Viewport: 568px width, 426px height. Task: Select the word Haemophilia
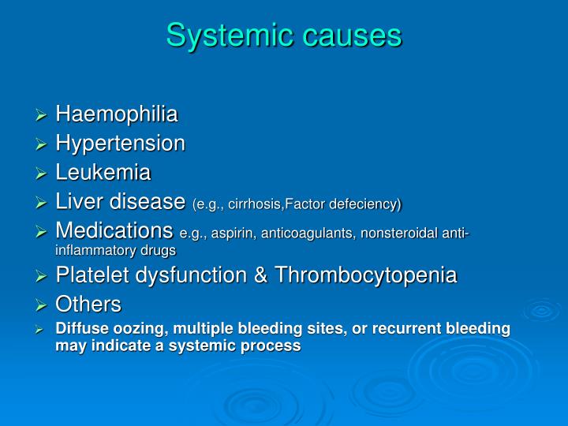click(117, 115)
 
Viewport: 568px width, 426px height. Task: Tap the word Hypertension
click(121, 144)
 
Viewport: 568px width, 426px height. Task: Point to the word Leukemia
click(103, 173)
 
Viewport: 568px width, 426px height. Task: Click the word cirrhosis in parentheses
click(254, 204)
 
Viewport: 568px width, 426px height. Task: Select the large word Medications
click(115, 231)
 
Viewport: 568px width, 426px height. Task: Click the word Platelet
click(90, 275)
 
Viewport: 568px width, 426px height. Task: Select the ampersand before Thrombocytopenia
click(238, 275)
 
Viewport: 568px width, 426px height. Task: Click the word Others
click(88, 305)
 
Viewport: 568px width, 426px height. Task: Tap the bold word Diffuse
click(79, 328)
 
